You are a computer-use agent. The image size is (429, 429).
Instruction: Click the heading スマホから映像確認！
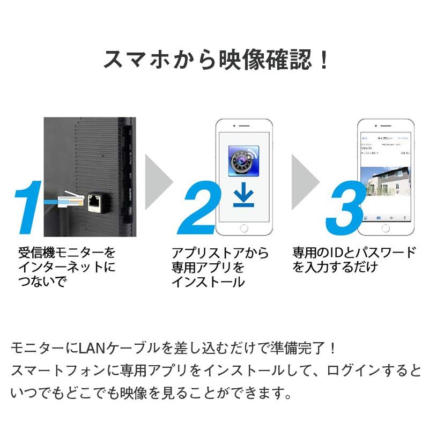coord(214,60)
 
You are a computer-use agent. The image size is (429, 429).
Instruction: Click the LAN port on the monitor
coord(95,202)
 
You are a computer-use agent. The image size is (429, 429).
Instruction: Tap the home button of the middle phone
coord(243,228)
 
